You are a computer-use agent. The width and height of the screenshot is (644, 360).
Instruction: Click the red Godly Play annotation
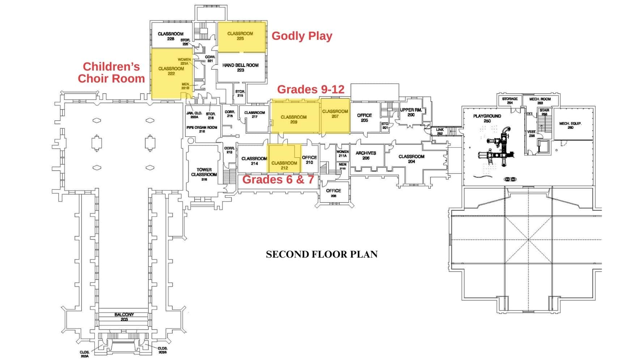[302, 36]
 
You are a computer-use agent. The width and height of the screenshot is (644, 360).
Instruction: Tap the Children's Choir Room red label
[111, 73]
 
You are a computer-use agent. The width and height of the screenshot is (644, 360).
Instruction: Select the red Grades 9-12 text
[310, 89]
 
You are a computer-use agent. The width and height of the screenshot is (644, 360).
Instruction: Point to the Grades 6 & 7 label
[278, 179]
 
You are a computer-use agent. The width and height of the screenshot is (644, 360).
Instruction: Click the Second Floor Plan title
[322, 254]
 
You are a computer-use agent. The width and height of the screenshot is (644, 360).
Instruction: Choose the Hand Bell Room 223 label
[241, 68]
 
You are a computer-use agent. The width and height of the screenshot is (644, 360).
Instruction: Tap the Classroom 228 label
[170, 36]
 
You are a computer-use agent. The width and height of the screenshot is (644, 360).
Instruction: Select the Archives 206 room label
[366, 155]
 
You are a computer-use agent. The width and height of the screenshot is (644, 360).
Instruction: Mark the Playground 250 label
[487, 118]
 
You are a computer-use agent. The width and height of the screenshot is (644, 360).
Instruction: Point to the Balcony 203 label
[124, 317]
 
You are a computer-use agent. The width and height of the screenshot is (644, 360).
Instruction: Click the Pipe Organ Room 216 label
[202, 129]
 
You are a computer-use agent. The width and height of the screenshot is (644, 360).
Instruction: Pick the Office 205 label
[364, 118]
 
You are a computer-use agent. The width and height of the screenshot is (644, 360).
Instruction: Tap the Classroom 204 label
[411, 159]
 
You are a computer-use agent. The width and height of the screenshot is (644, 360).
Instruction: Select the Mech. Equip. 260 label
[570, 125]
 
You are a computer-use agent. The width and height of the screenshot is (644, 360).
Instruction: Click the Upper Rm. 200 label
[411, 112]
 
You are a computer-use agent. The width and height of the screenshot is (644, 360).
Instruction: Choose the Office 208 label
[333, 193]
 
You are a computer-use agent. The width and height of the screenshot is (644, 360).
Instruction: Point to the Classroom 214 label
[254, 161]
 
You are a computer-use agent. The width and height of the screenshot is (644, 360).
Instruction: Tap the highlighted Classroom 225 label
[240, 36]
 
